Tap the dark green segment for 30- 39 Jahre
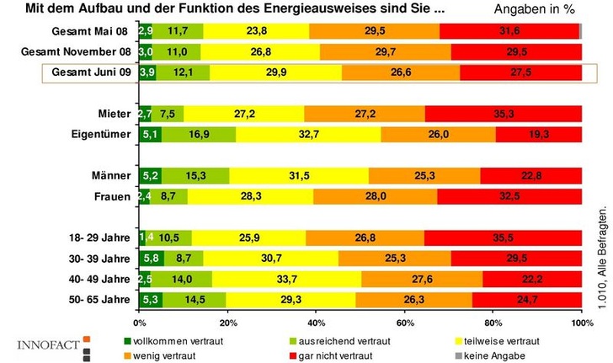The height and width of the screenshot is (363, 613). [152, 258]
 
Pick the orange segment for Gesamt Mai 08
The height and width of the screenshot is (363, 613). [374, 31]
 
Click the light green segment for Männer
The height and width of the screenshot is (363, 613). [195, 175]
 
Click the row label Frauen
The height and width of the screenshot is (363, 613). [112, 196]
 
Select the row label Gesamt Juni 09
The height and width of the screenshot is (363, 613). [90, 72]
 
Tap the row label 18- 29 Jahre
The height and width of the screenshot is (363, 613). [97, 238]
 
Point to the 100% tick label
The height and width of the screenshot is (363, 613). [580, 322]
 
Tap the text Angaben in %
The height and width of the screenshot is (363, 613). [538, 10]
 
